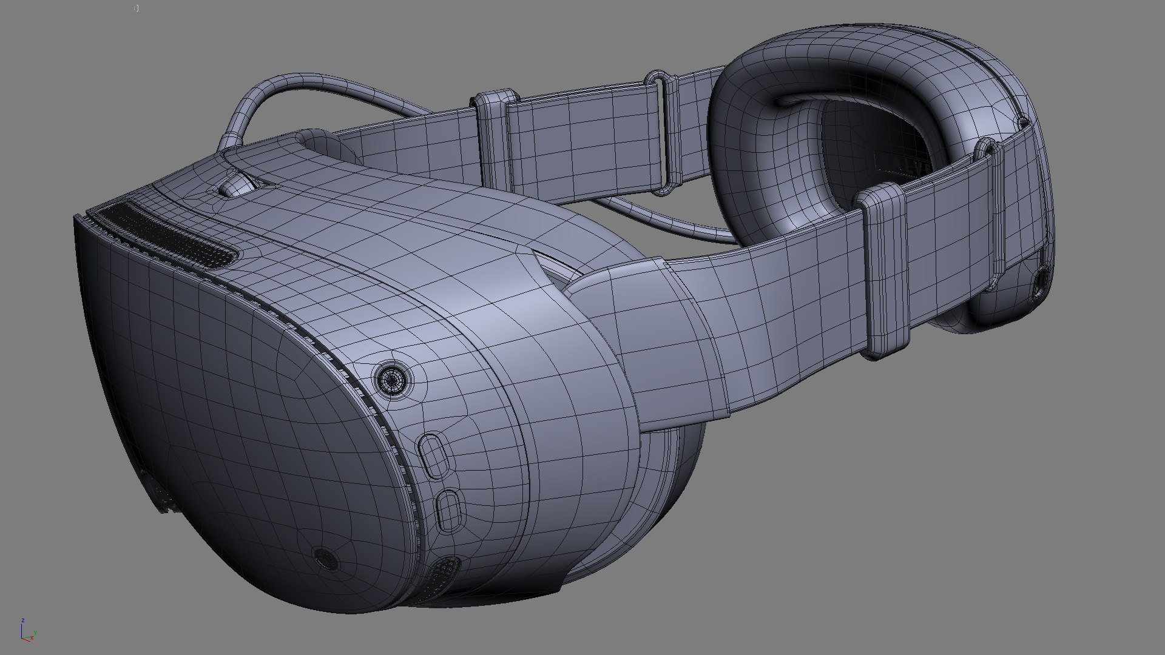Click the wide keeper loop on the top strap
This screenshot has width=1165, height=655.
495,139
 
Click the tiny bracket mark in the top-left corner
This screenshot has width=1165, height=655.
137,8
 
